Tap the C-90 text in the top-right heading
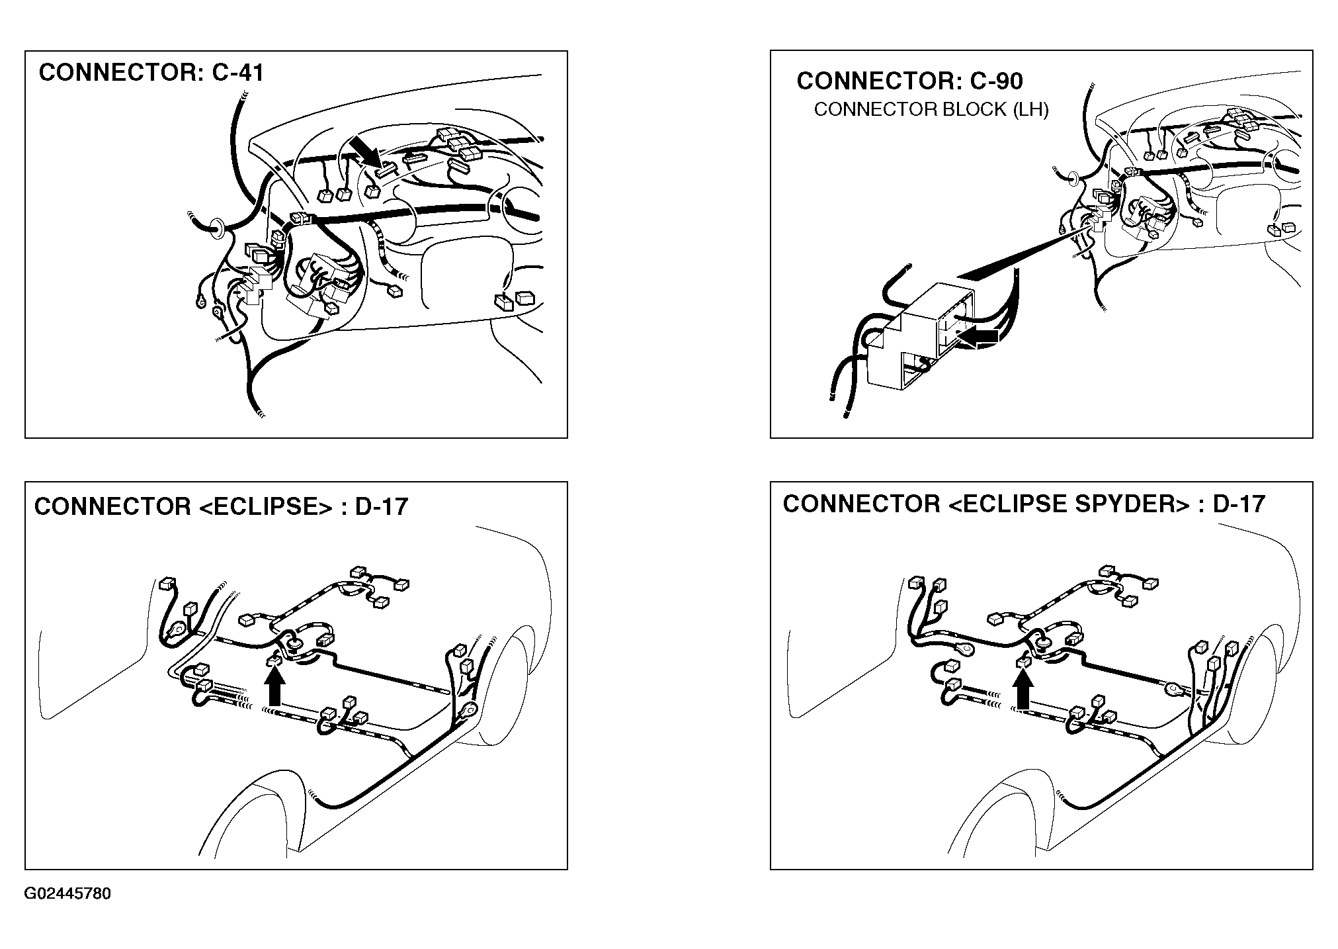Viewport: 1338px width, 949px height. pyautogui.click(x=996, y=81)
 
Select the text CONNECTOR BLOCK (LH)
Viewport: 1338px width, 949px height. pyautogui.click(x=931, y=109)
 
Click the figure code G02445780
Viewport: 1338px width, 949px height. pyautogui.click(x=68, y=894)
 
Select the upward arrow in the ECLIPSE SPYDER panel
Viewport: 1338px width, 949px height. pyautogui.click(x=1023, y=688)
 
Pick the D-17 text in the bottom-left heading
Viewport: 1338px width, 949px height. pyautogui.click(x=382, y=507)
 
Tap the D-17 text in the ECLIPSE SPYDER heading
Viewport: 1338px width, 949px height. pyautogui.click(x=1239, y=504)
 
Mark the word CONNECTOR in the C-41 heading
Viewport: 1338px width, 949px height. pyautogui.click(x=116, y=72)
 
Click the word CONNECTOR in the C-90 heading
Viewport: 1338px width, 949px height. pyautogui.click(x=874, y=81)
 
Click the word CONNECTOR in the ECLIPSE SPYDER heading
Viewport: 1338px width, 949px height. pyautogui.click(x=860, y=504)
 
